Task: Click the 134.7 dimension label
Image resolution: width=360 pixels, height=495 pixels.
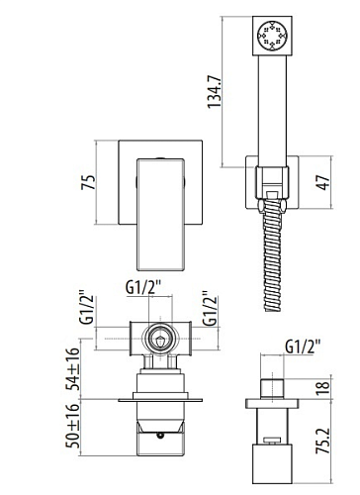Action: click(x=215, y=91)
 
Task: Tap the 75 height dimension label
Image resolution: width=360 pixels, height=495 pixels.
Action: click(x=88, y=182)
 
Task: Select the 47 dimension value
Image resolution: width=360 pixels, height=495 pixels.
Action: click(x=323, y=182)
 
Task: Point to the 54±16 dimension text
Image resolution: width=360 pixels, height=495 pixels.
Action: click(x=73, y=369)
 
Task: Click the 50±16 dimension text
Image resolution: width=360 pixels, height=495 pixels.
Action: click(x=73, y=426)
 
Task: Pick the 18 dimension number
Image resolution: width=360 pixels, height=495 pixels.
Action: click(x=323, y=388)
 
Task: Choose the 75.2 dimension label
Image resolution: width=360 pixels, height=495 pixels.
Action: click(x=323, y=441)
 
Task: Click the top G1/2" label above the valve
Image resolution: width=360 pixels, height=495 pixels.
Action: click(x=143, y=288)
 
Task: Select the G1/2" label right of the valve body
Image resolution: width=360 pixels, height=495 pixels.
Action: click(x=210, y=308)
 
